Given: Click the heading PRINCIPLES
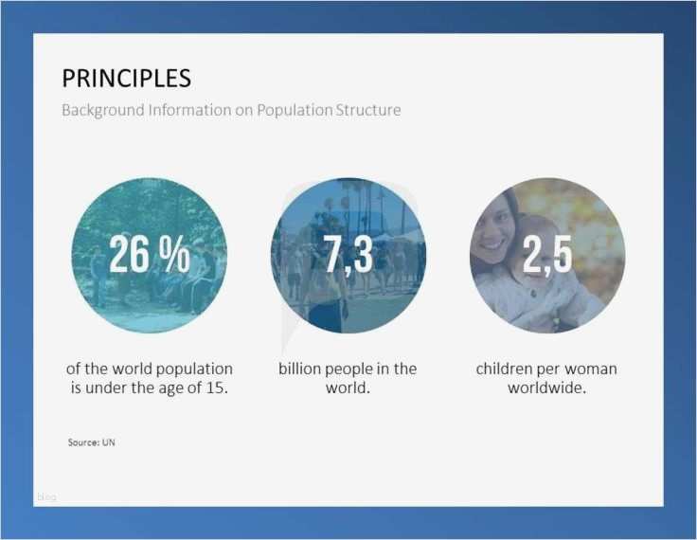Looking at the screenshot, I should [126, 78].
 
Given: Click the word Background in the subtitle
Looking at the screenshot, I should [102, 110].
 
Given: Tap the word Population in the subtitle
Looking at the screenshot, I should [288, 110].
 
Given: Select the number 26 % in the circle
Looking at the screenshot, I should [149, 255].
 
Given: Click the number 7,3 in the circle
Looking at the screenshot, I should [348, 255].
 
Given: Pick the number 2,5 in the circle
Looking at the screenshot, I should [546, 255].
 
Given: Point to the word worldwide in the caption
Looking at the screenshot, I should [546, 387].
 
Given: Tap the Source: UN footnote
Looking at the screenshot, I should [92, 442].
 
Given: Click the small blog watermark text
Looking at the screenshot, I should [46, 497].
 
